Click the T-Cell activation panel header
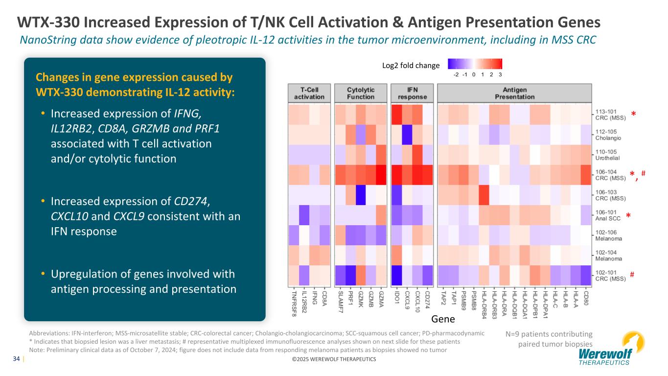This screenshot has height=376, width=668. point(309,93)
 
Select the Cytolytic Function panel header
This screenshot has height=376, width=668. point(361,93)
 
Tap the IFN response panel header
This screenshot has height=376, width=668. point(413,93)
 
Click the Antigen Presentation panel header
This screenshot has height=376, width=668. point(514,93)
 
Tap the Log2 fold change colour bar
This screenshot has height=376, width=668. point(476,64)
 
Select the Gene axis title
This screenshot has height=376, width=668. point(443,319)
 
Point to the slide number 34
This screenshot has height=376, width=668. point(17,359)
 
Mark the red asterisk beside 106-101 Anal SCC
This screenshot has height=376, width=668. point(628,216)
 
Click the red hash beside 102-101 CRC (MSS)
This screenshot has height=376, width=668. point(632,275)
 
